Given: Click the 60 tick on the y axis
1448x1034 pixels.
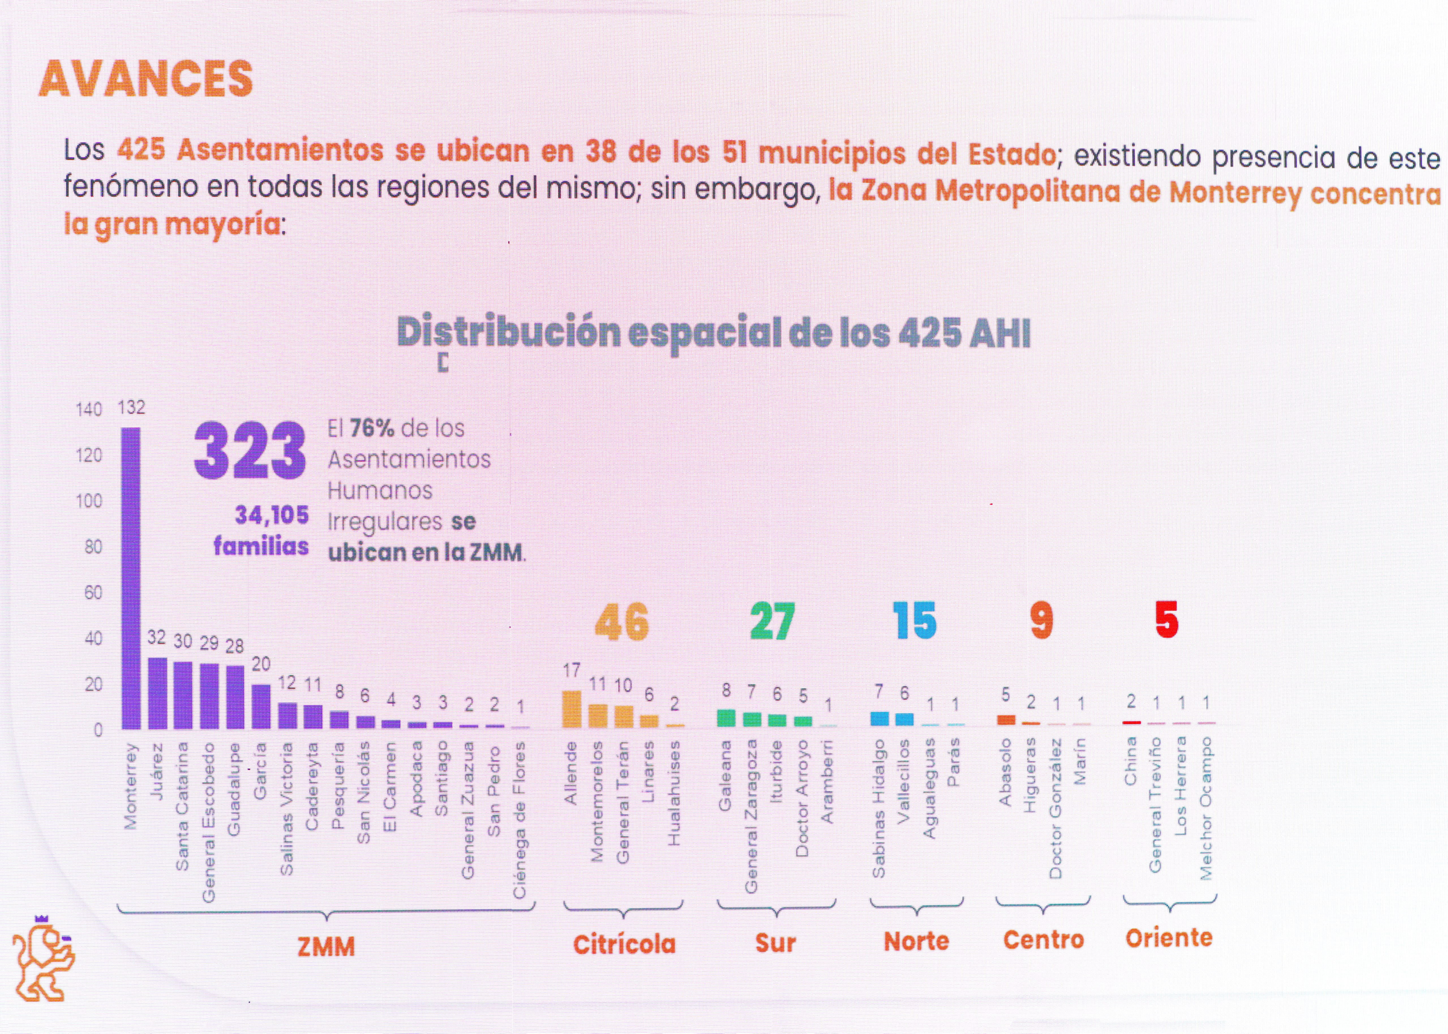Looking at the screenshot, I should [x=93, y=593].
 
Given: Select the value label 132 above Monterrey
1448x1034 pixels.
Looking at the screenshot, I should [x=131, y=407].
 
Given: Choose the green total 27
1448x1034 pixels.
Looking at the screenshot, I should [x=773, y=622].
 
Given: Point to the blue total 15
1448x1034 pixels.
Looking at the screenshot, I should [x=914, y=621].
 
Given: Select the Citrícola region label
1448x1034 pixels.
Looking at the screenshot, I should [x=624, y=944].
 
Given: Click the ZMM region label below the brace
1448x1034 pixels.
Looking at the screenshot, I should [x=326, y=947].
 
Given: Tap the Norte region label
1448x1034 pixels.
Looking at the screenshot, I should [x=916, y=941].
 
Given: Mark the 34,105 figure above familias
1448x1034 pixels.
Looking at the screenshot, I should [x=272, y=514].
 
